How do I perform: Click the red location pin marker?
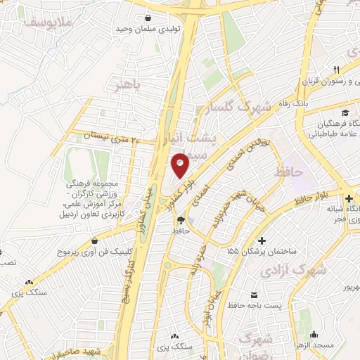(180, 165)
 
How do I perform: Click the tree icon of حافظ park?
(181, 220)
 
